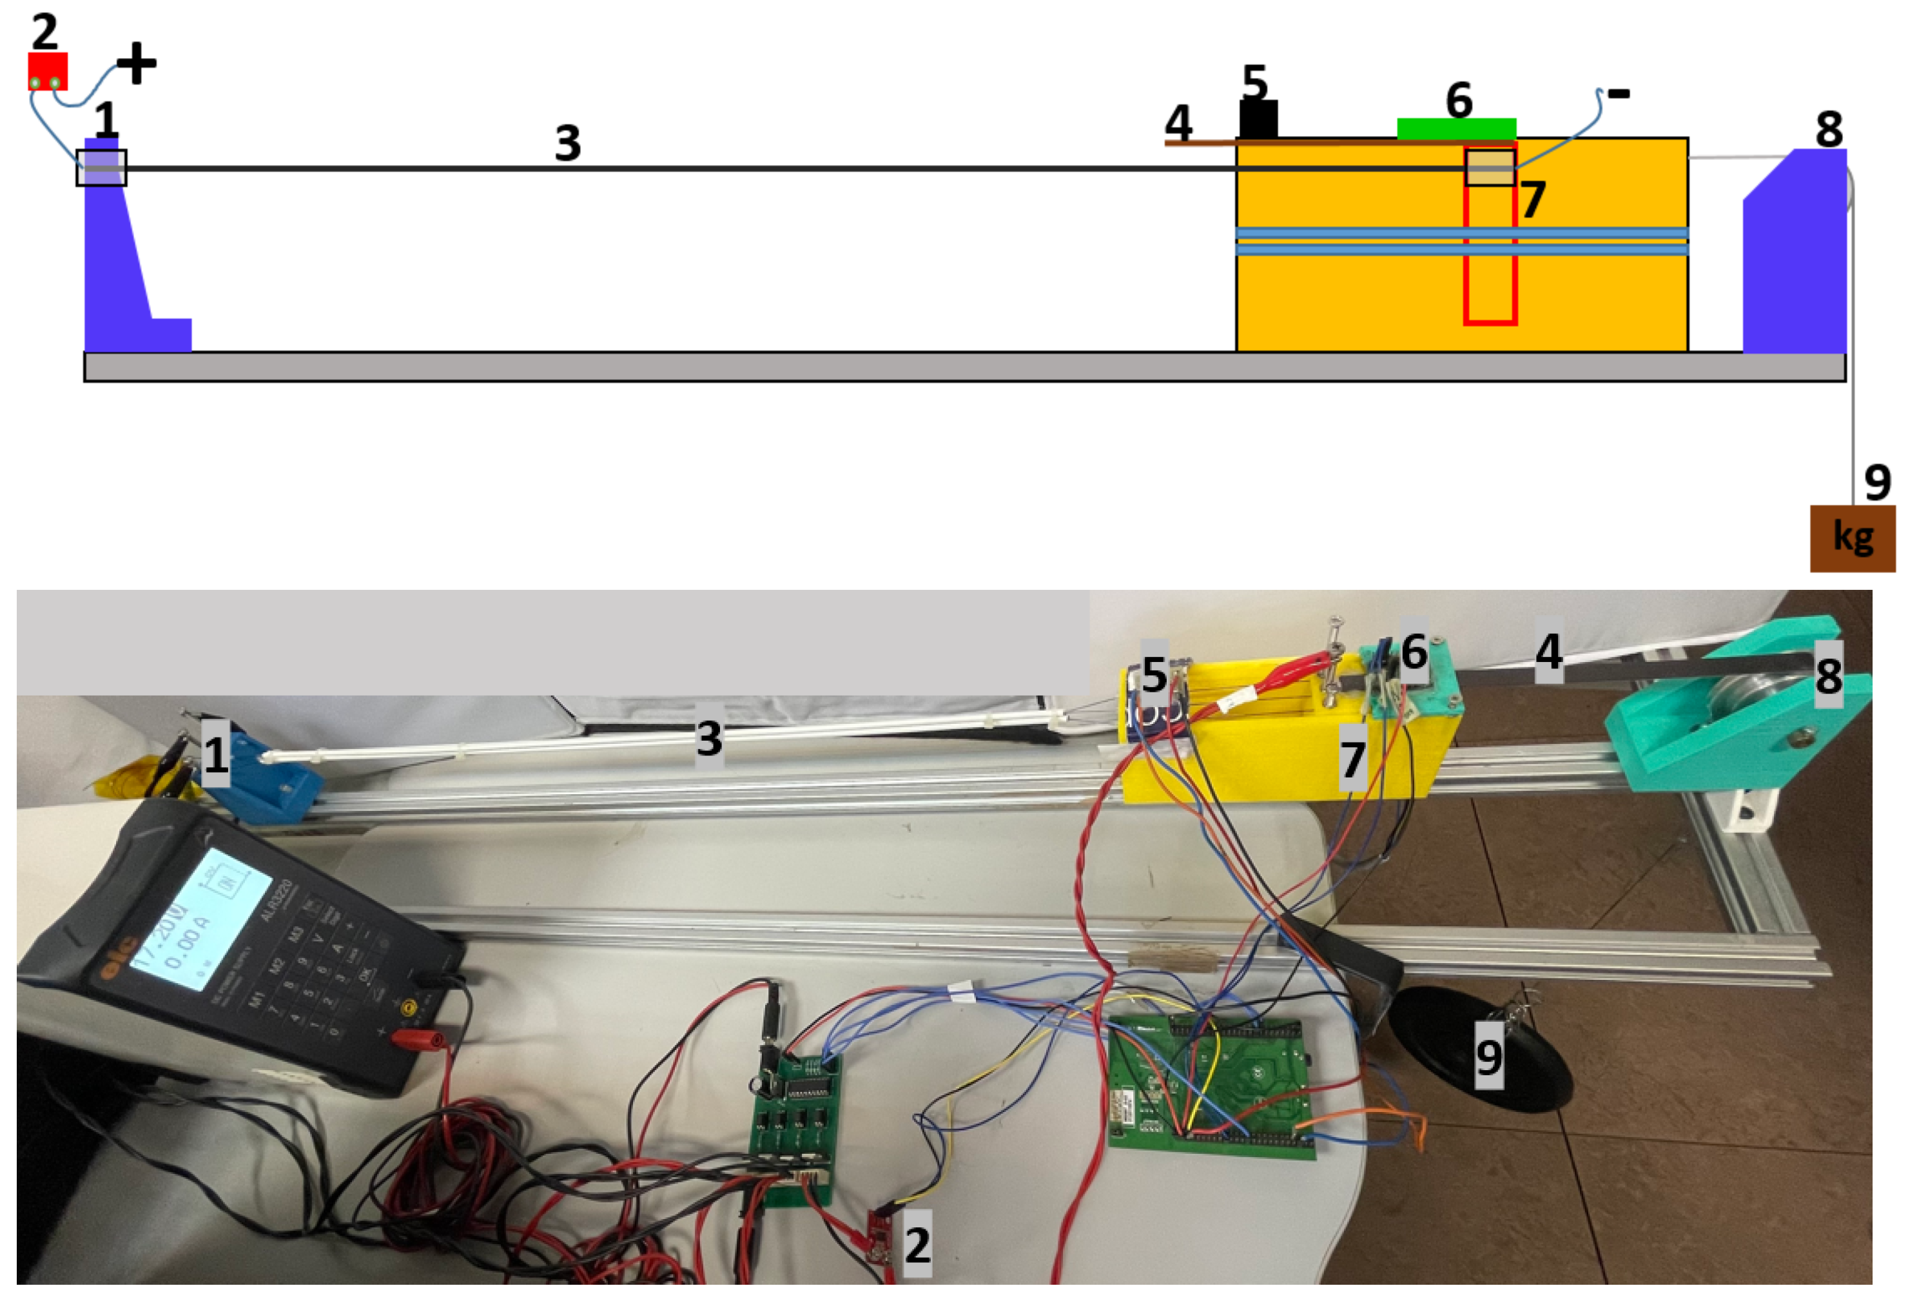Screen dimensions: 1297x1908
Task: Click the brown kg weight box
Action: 1852,538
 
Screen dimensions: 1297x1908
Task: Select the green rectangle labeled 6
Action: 1456,129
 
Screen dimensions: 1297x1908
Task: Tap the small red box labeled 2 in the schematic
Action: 48,72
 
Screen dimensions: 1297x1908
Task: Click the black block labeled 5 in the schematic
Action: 1258,120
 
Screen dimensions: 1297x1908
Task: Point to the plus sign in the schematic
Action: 136,63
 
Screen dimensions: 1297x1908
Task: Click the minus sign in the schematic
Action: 1618,94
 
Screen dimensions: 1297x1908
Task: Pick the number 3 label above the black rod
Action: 567,143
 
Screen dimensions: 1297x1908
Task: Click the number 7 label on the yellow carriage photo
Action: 1352,759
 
